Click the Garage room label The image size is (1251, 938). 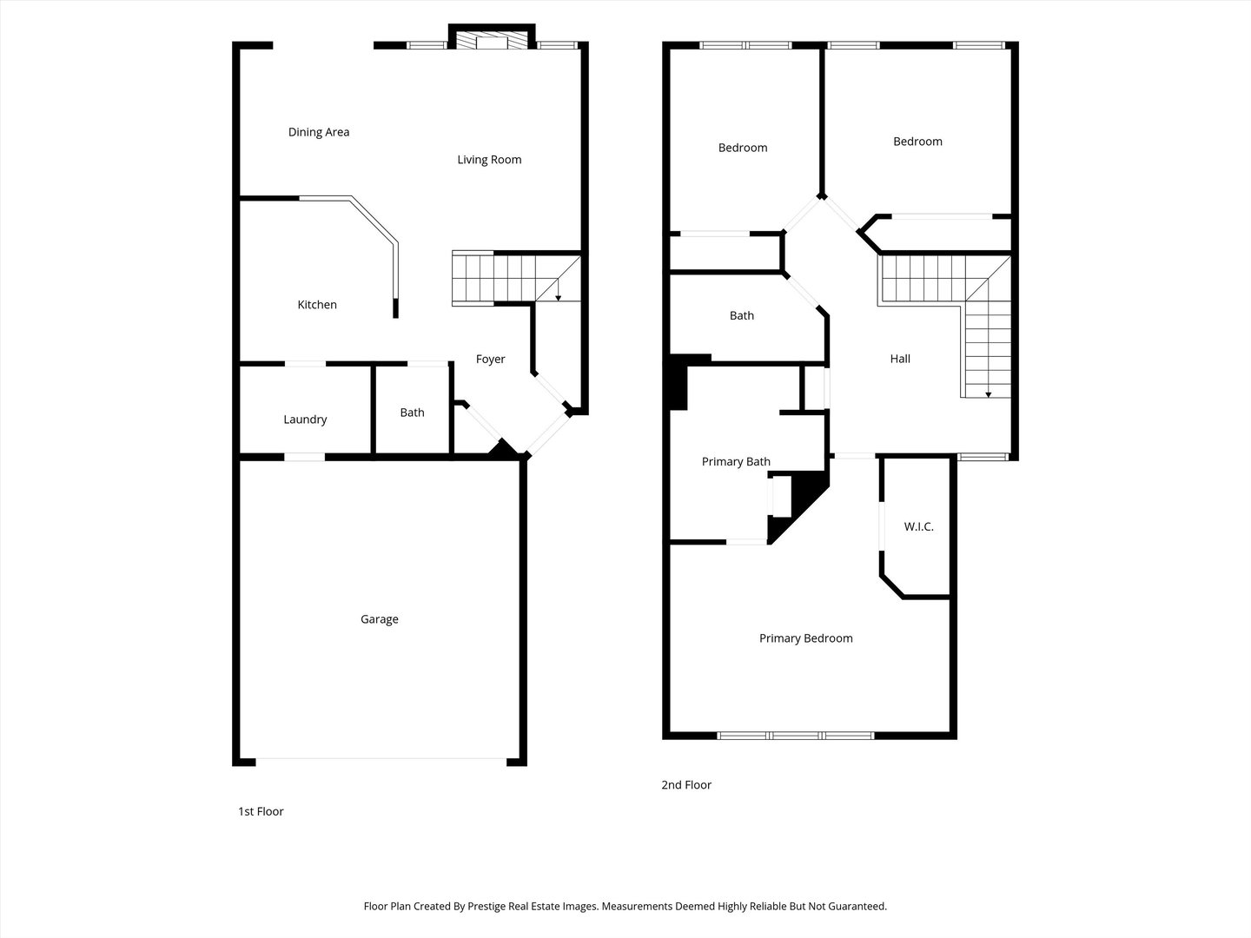point(380,619)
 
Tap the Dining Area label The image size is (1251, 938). point(319,132)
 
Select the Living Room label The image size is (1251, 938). point(489,159)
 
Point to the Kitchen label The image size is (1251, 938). point(317,305)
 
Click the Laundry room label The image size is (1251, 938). point(305,419)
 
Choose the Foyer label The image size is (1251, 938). point(490,359)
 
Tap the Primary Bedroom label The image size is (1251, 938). point(805,638)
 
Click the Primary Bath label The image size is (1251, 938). point(736,462)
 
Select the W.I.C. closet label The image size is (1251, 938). point(918,526)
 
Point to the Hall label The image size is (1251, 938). point(900,359)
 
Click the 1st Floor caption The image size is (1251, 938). point(261,811)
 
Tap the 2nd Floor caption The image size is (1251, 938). point(686,784)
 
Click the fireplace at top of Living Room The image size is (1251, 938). point(492,41)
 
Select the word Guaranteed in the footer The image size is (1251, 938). point(857,906)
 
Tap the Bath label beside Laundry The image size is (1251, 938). point(412,413)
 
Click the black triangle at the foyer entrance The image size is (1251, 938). point(501,449)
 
